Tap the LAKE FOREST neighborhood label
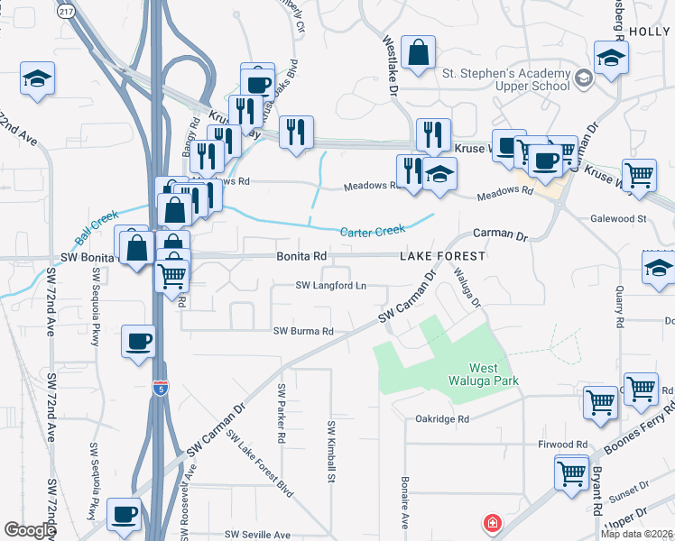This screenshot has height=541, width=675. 443,256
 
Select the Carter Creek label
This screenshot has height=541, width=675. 372,232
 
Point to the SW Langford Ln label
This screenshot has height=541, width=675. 331,286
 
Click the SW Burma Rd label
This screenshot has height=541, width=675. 303,331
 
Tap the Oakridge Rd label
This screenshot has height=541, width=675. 442,419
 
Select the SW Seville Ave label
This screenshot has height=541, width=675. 257,535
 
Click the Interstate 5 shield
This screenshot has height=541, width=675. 160,389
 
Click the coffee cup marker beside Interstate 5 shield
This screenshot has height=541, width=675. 138,341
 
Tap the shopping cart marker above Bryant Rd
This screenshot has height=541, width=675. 571,472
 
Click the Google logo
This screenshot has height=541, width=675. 30,530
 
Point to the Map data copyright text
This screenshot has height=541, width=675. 636,534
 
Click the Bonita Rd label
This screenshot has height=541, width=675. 301,256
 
